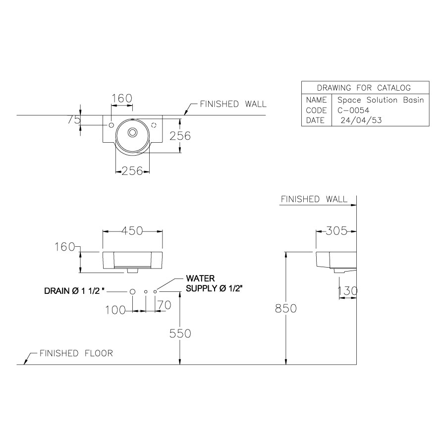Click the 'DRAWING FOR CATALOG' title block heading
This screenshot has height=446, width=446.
[x=364, y=88]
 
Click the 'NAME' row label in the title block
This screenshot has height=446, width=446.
[x=316, y=100]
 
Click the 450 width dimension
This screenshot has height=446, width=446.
[x=132, y=231]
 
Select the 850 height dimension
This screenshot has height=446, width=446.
[x=286, y=308]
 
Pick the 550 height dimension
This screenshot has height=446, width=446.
[x=180, y=334]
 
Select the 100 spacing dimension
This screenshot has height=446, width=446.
[x=115, y=310]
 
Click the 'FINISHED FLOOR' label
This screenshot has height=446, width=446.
[x=76, y=353]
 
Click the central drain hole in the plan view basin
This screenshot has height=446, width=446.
[x=133, y=132]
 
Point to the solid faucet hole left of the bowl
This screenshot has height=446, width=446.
[x=111, y=124]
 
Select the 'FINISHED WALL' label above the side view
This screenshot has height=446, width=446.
[x=314, y=199]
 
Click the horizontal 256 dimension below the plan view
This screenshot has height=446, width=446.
[x=132, y=171]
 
